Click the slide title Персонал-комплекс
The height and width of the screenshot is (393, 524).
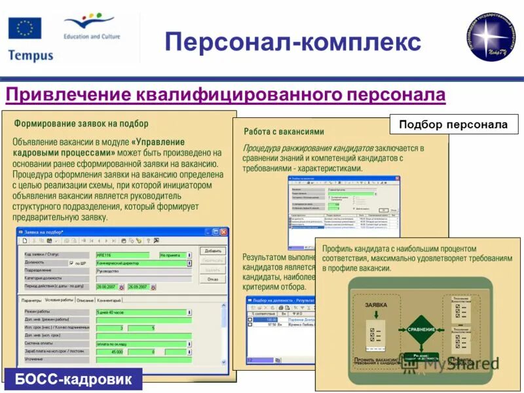293,42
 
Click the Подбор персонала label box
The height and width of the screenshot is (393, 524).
453,124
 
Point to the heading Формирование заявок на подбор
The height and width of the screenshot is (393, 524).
81,123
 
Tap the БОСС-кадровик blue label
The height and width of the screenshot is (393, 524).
73,379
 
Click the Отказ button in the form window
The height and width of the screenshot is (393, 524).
213,279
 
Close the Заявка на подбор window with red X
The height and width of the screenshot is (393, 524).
224,232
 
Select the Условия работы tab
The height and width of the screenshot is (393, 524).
59,299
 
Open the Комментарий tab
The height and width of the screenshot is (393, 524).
110,299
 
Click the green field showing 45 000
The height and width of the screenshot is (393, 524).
110,352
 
